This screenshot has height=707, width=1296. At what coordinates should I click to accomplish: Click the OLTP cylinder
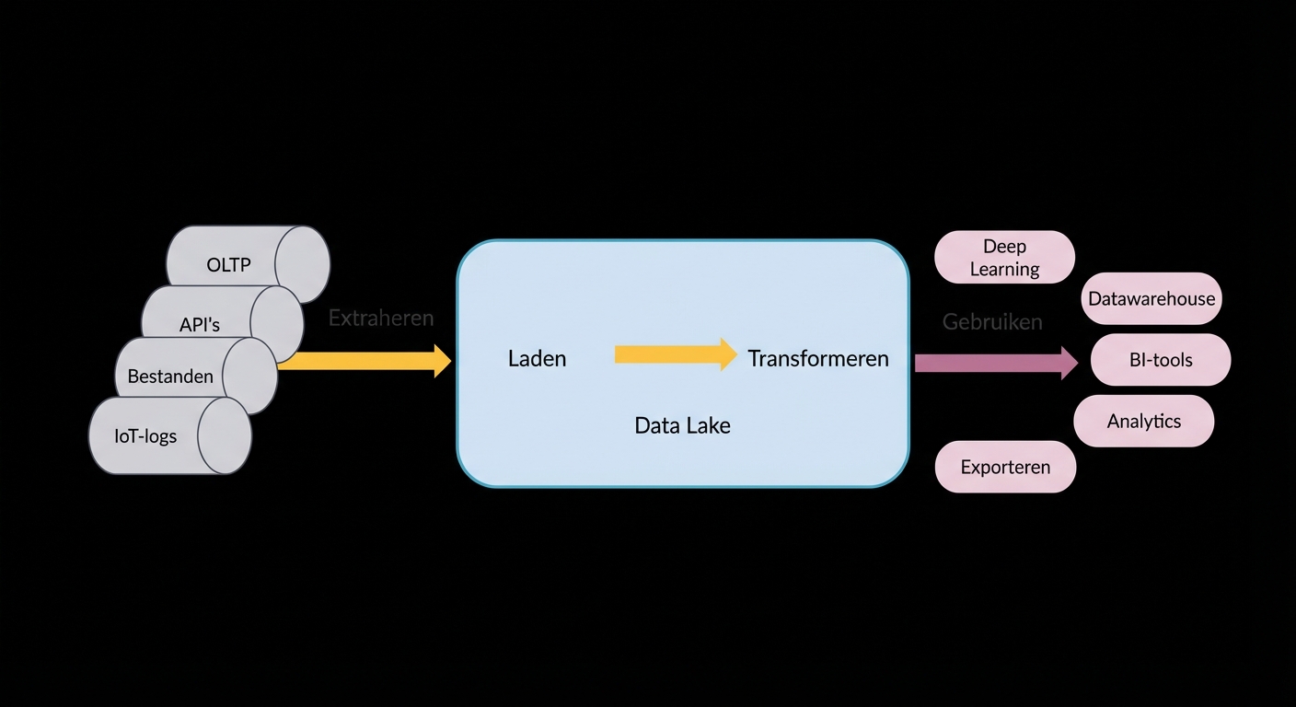230,264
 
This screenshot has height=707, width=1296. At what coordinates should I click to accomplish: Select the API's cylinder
201,324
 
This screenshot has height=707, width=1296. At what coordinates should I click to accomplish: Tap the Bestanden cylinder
171,376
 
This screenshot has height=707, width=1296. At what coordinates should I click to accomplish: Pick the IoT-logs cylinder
146,435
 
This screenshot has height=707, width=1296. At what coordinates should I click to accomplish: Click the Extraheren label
380,319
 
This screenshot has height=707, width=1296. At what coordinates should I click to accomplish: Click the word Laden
537,358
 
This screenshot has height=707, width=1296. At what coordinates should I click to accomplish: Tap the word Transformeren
818,358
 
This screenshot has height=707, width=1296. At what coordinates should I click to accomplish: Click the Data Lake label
682,425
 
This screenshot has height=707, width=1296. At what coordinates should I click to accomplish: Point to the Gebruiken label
992,322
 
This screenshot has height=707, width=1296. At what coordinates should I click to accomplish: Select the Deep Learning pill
1004,257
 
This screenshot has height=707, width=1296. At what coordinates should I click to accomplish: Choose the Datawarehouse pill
1151,298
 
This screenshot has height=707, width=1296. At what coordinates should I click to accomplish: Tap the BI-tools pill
1161,360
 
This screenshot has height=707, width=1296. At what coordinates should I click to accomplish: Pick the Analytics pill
1144,421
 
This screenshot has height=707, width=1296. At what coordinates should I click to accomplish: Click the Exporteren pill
1005,467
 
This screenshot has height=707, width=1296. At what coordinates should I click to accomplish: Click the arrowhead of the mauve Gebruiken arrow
1069,363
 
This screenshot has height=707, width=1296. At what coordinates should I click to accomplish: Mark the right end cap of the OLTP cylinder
303,264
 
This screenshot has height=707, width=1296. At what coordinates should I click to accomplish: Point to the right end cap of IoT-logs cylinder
225,435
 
